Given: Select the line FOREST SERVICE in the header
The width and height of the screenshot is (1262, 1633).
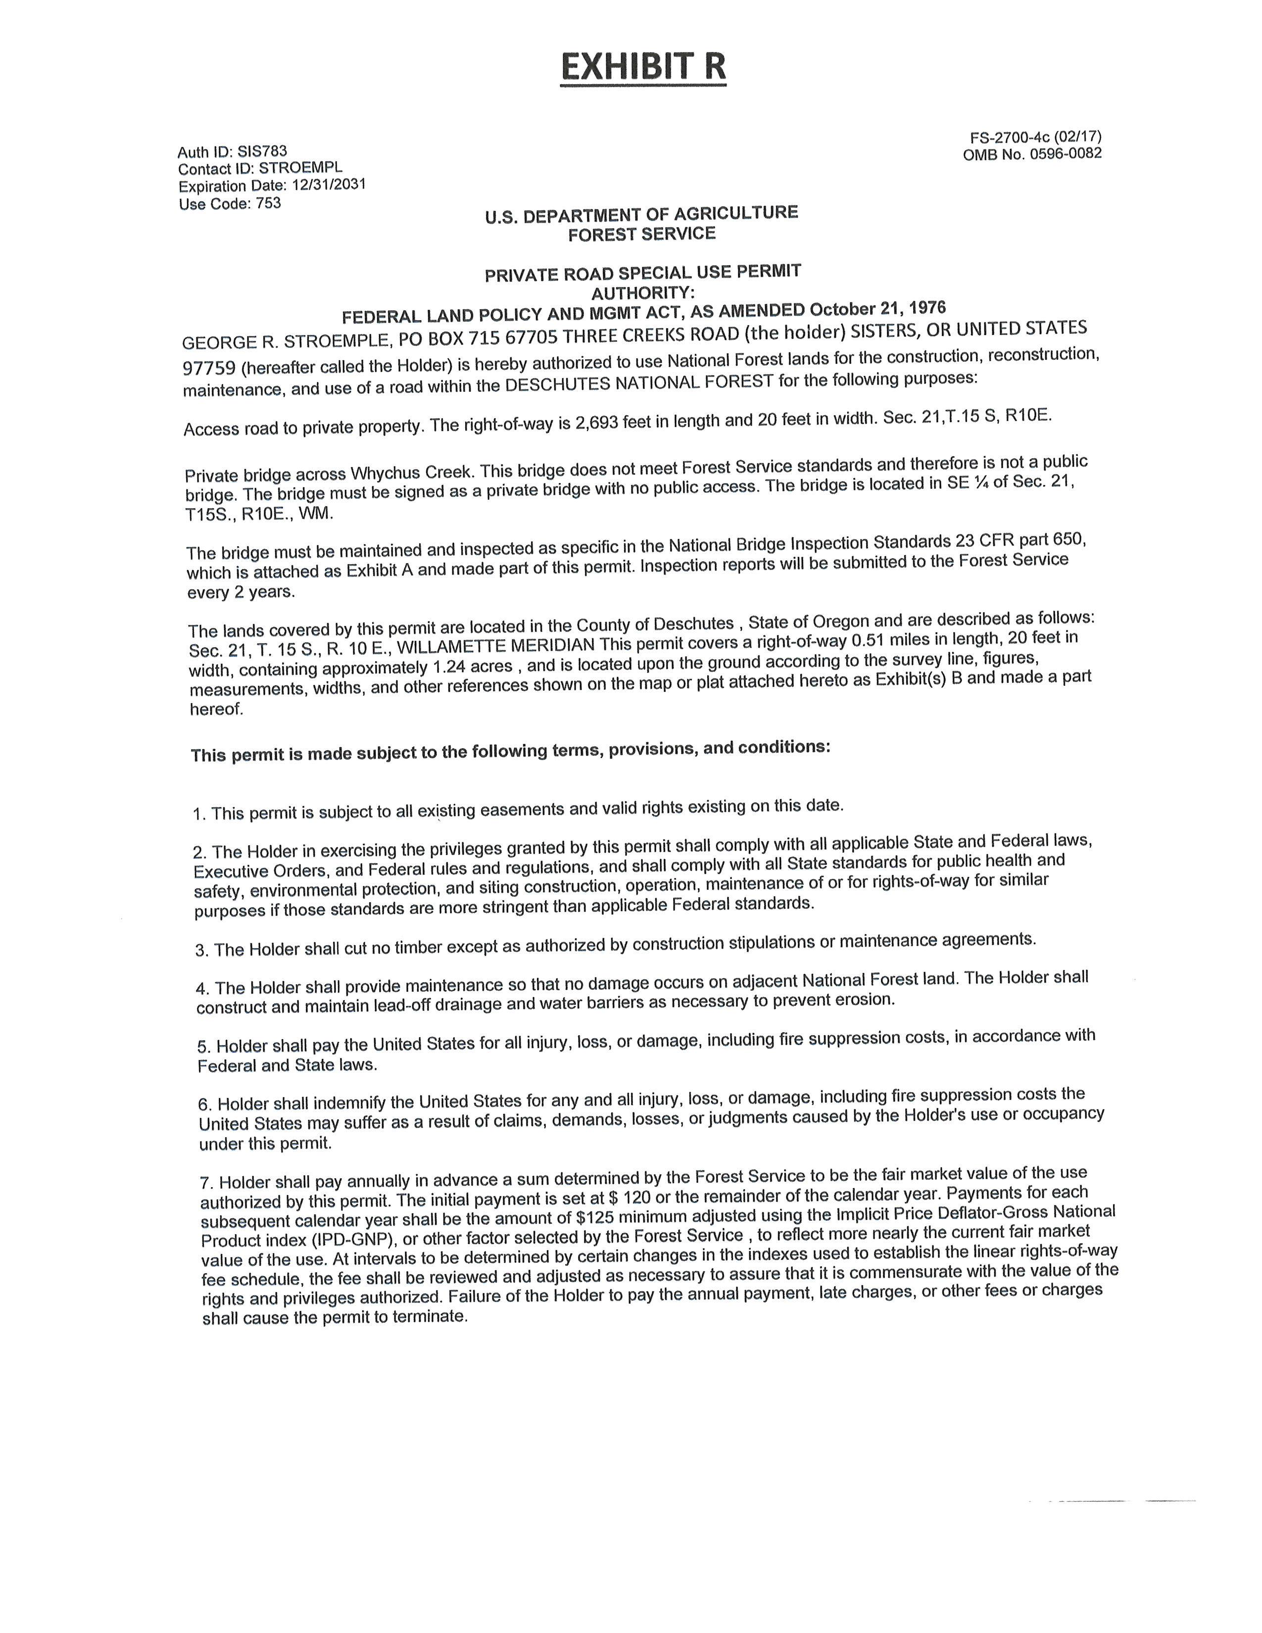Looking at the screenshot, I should [641, 234].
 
